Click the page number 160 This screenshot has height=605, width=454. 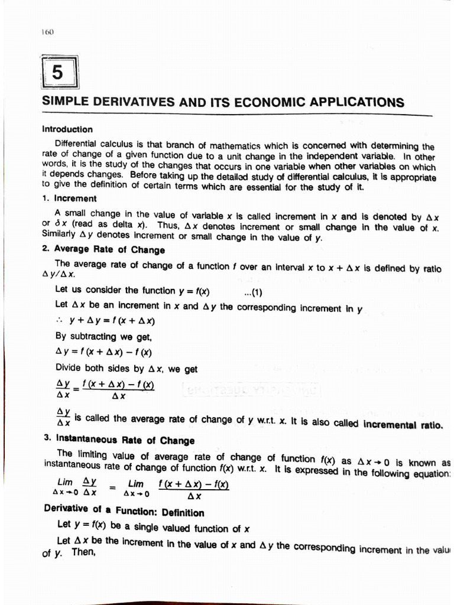click(x=48, y=32)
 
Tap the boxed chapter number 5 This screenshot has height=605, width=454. click(x=57, y=73)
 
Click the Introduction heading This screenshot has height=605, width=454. click(x=67, y=129)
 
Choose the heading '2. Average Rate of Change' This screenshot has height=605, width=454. click(x=103, y=250)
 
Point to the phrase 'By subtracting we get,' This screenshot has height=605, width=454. click(x=103, y=337)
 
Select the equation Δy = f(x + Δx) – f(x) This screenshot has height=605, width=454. click(x=103, y=353)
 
